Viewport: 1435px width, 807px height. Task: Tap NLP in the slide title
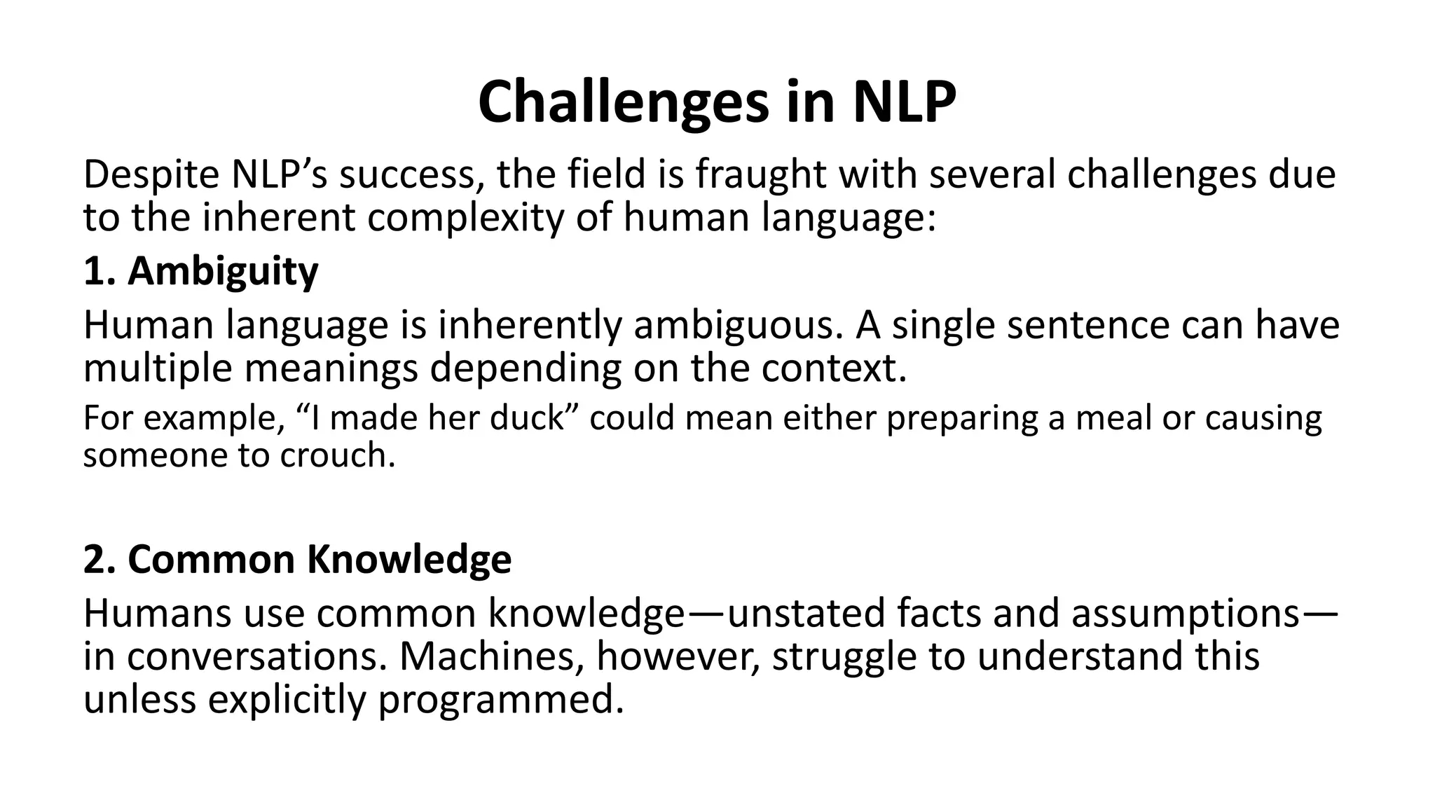[904, 102]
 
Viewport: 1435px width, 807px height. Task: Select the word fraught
[760, 175]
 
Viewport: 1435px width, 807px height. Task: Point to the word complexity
[465, 219]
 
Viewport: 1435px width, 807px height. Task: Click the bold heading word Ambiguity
[223, 272]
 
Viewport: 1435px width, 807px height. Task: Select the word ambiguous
[738, 326]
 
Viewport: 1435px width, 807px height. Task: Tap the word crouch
[338, 456]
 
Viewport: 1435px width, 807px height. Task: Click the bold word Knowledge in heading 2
[408, 560]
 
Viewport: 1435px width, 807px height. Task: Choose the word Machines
[490, 657]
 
